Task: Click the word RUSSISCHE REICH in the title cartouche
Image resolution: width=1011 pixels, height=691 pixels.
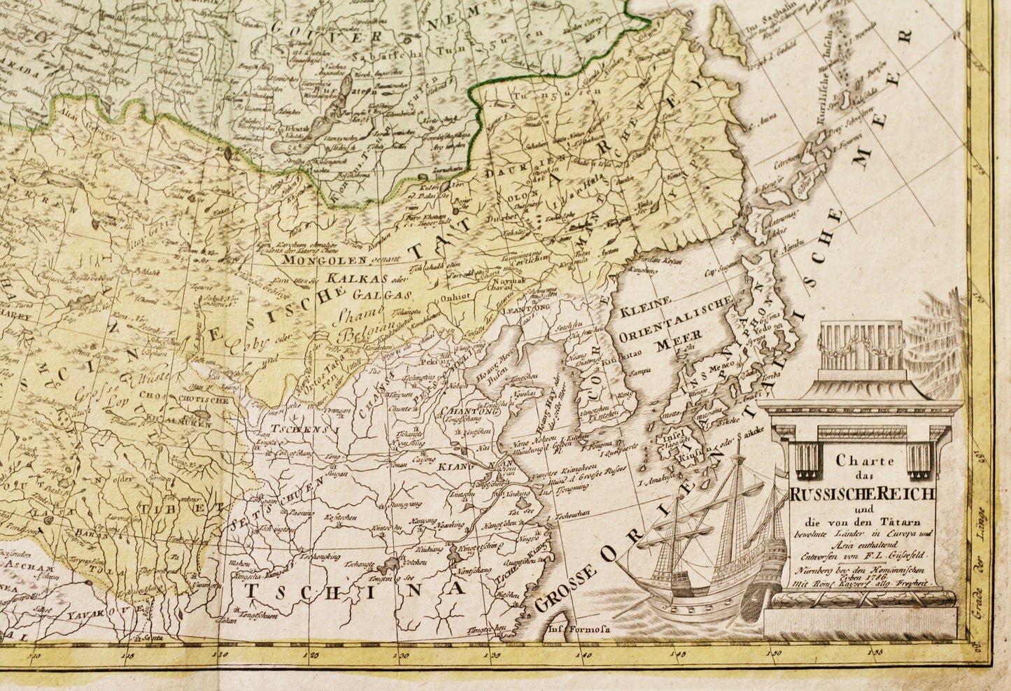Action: [x=862, y=494]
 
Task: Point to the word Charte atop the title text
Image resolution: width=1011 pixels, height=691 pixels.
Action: [x=855, y=461]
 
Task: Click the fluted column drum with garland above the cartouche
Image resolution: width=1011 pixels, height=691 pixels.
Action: [x=861, y=345]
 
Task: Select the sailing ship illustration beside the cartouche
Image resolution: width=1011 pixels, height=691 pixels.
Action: [x=707, y=539]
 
